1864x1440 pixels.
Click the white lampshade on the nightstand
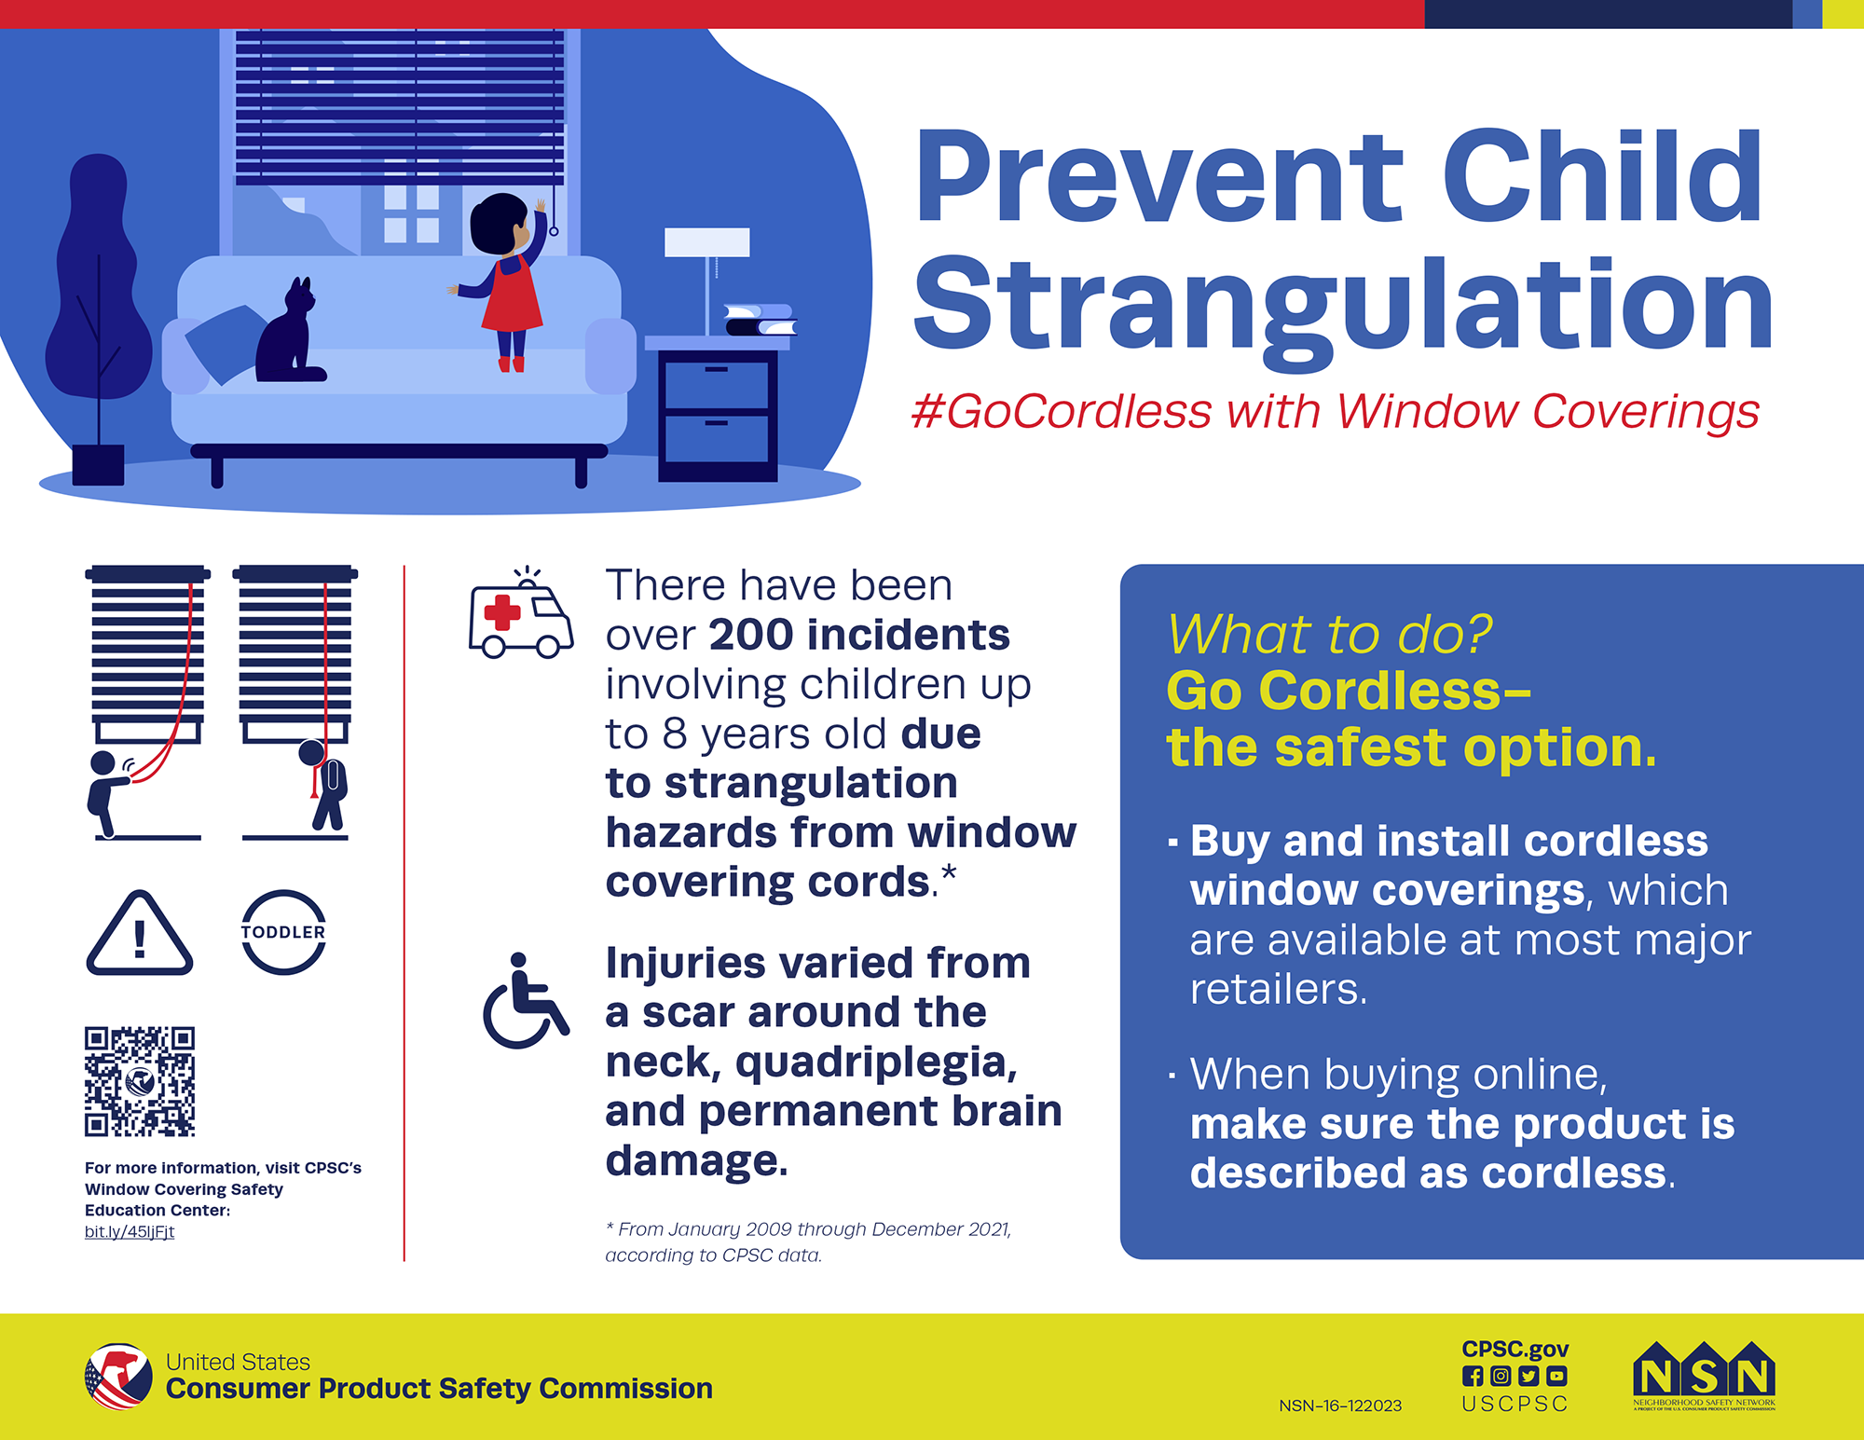coord(706,242)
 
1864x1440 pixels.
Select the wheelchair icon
coord(524,1002)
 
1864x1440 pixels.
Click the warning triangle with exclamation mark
coord(140,935)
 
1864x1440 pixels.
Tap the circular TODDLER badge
coord(283,933)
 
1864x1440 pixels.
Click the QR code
coord(140,1081)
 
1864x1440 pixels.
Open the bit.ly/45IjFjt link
coord(130,1232)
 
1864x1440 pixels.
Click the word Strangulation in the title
coord(1342,308)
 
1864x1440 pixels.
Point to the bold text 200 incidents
coord(858,635)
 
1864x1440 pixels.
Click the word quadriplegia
coord(875,1062)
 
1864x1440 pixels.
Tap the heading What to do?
coord(1329,634)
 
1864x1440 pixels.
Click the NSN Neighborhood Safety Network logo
coord(1704,1378)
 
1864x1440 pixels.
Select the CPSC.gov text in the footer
coord(1514,1349)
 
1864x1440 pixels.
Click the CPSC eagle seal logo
coord(118,1377)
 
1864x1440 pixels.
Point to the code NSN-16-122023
coord(1340,1406)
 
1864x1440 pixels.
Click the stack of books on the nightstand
coord(761,319)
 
